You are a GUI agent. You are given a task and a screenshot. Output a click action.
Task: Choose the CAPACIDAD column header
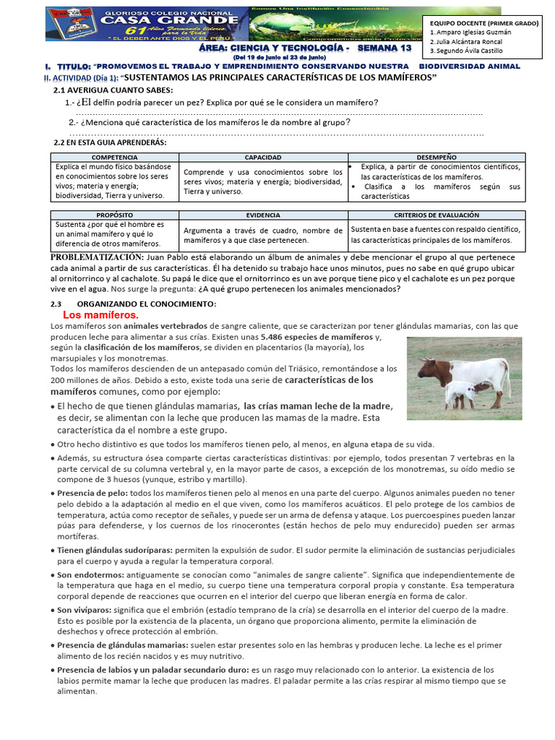coord(263,157)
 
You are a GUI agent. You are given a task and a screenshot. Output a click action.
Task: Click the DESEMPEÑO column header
coord(436,157)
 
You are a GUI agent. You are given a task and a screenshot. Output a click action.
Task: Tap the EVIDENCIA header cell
coord(263,215)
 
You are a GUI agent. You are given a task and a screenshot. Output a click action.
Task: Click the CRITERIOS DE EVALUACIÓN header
coord(436,215)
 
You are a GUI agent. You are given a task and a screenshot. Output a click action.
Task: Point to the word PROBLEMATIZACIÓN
coord(97,257)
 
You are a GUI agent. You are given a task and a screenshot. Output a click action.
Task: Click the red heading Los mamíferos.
coord(100,315)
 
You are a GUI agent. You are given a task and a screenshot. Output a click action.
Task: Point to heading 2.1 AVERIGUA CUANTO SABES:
coord(113,90)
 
